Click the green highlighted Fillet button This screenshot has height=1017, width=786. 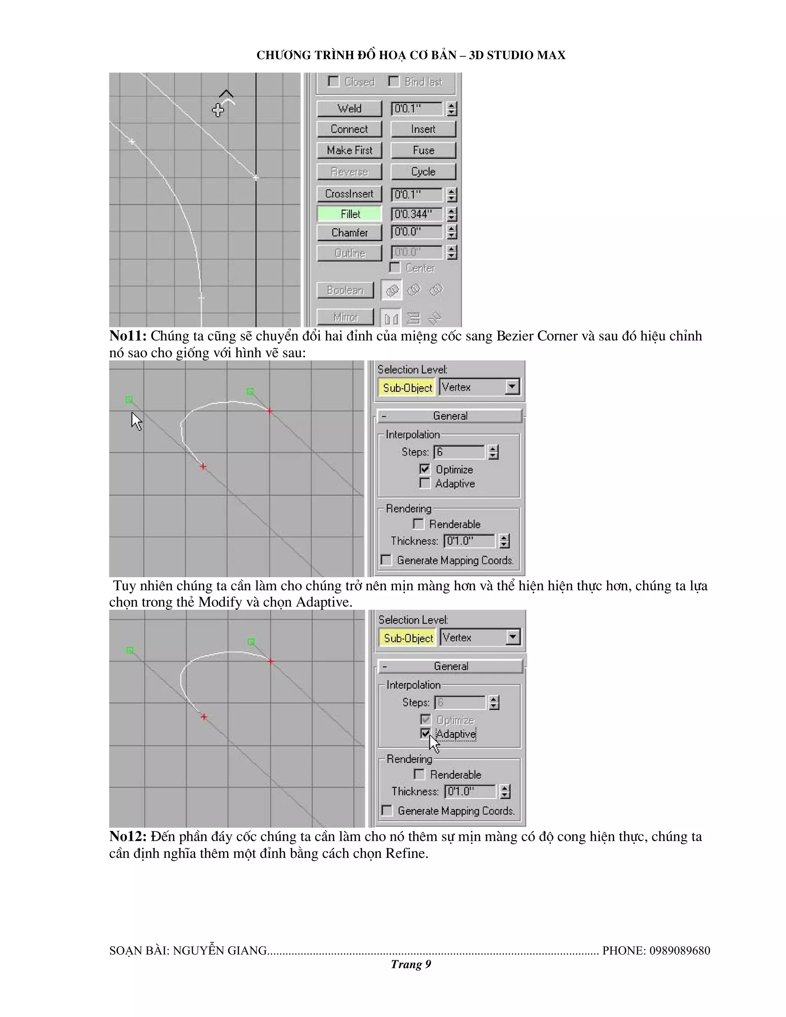click(x=349, y=214)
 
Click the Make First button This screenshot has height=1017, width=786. click(x=349, y=150)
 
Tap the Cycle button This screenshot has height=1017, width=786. click(x=423, y=172)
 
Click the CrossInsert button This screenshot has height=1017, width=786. click(x=349, y=193)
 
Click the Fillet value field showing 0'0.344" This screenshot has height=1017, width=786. click(x=416, y=214)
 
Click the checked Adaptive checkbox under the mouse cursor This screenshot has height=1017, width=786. click(x=425, y=734)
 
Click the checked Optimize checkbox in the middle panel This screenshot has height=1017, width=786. click(x=425, y=469)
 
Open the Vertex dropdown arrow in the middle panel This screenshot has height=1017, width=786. click(x=512, y=386)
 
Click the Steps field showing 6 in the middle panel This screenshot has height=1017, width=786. click(x=459, y=452)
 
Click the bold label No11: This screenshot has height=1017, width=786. click(x=127, y=336)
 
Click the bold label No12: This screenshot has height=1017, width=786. click(x=127, y=836)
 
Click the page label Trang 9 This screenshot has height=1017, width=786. click(x=411, y=964)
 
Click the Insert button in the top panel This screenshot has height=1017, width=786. click(x=423, y=129)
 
